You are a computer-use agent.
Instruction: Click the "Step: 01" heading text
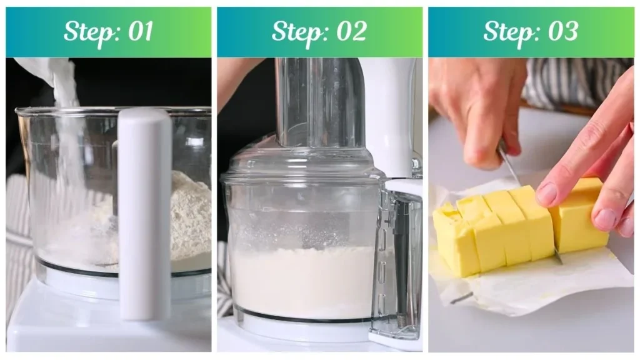pyautogui.click(x=108, y=32)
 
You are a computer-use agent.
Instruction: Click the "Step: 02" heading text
pyautogui.click(x=319, y=32)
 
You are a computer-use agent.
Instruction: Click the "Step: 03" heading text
pyautogui.click(x=531, y=32)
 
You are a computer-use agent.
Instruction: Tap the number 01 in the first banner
pyautogui.click(x=139, y=32)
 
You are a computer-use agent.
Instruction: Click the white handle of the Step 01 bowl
pyautogui.click(x=145, y=206)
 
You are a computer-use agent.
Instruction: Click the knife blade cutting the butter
pyautogui.click(x=509, y=166)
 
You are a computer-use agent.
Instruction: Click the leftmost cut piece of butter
pyautogui.click(x=453, y=241)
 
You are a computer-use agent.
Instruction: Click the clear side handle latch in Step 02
pyautogui.click(x=400, y=262)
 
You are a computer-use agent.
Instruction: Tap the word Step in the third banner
pyautogui.click(x=507, y=32)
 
